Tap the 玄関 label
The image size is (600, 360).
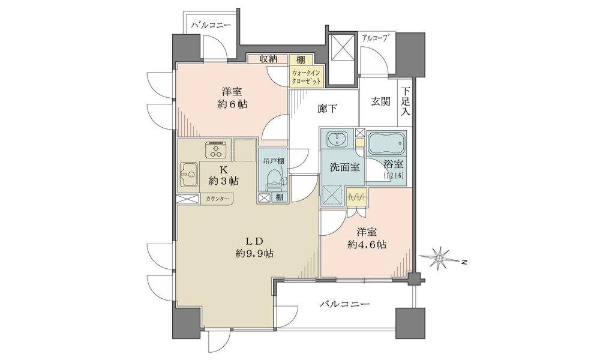coord(380,101)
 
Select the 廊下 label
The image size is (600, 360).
coord(327,109)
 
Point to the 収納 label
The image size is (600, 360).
coord(268,59)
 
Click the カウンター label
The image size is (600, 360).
coord(218,199)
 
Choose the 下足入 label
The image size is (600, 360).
coord(405,101)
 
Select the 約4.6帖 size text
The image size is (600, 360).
coord(367,244)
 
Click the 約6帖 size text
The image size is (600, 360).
coord(232,104)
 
